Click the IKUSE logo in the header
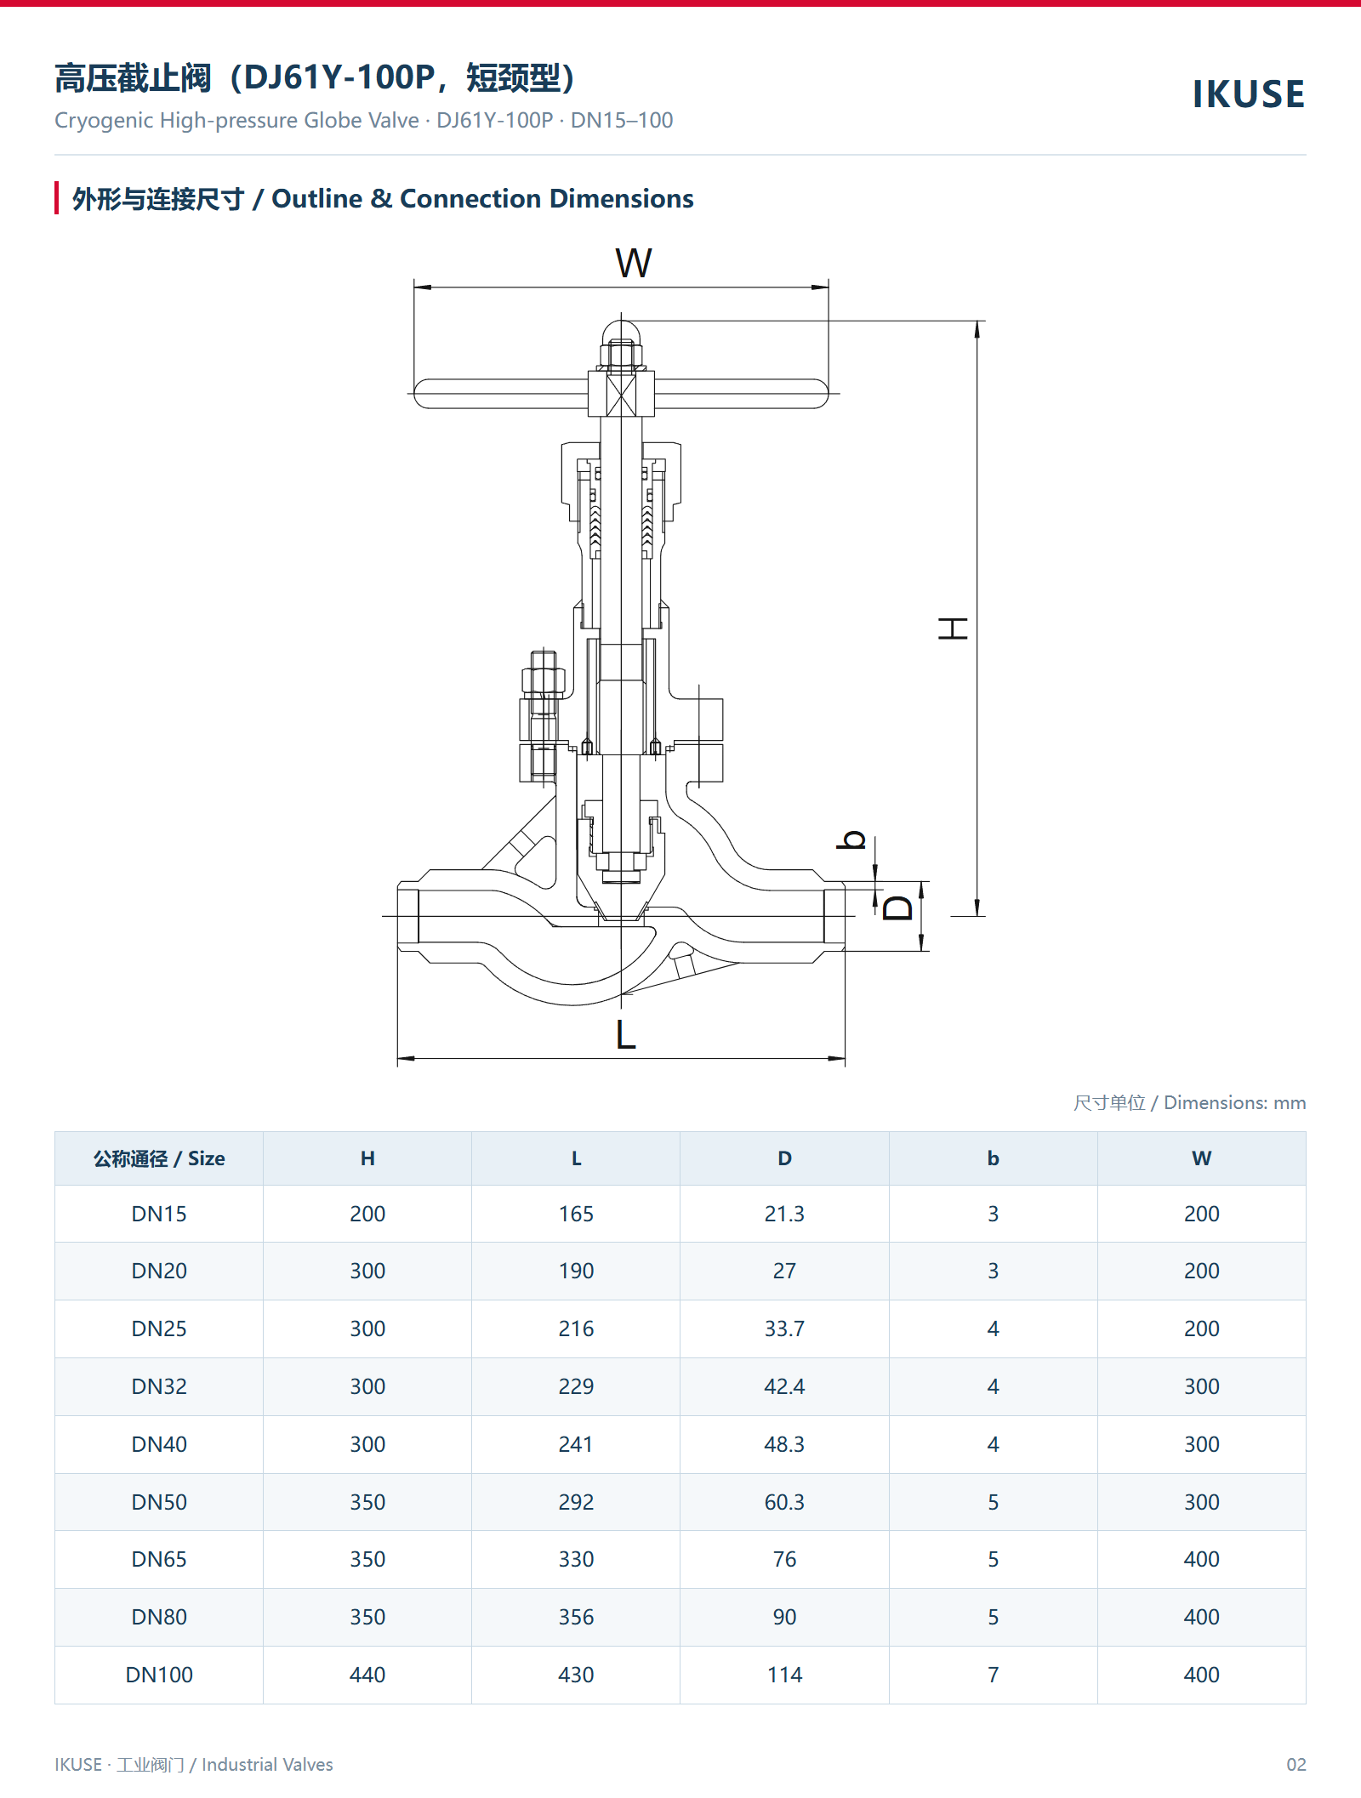click(1249, 94)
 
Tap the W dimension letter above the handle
click(634, 263)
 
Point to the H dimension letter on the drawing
click(953, 629)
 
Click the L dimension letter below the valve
click(625, 1035)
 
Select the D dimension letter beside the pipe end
click(897, 908)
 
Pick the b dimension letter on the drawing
click(851, 839)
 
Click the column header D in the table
click(784, 1158)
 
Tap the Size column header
click(159, 1158)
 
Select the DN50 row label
click(159, 1502)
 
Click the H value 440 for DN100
click(367, 1675)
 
